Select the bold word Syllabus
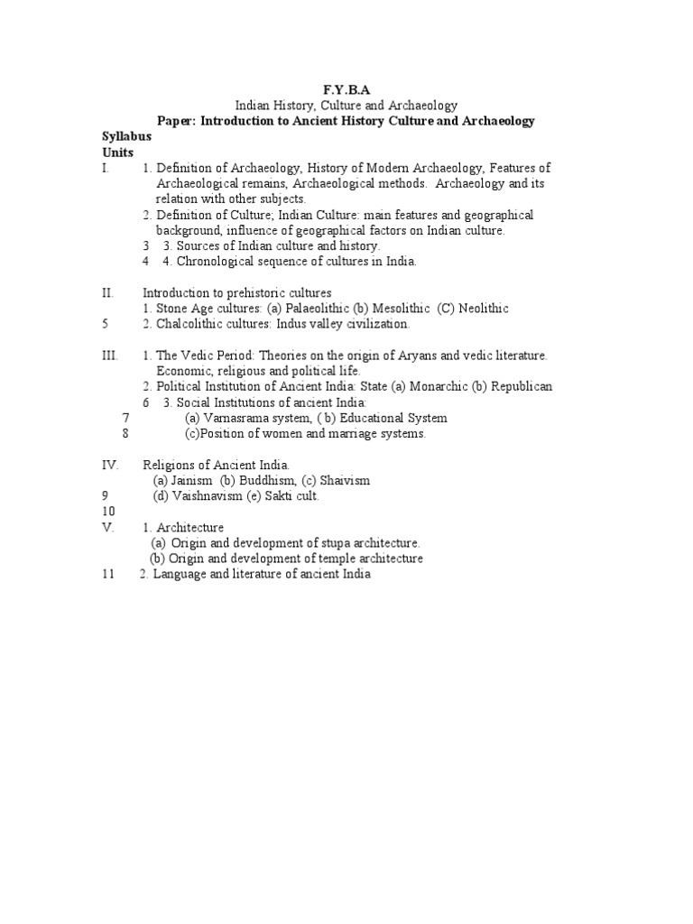(x=126, y=135)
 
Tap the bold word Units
(x=118, y=152)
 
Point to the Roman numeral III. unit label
(x=110, y=356)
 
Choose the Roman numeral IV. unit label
(x=110, y=465)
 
